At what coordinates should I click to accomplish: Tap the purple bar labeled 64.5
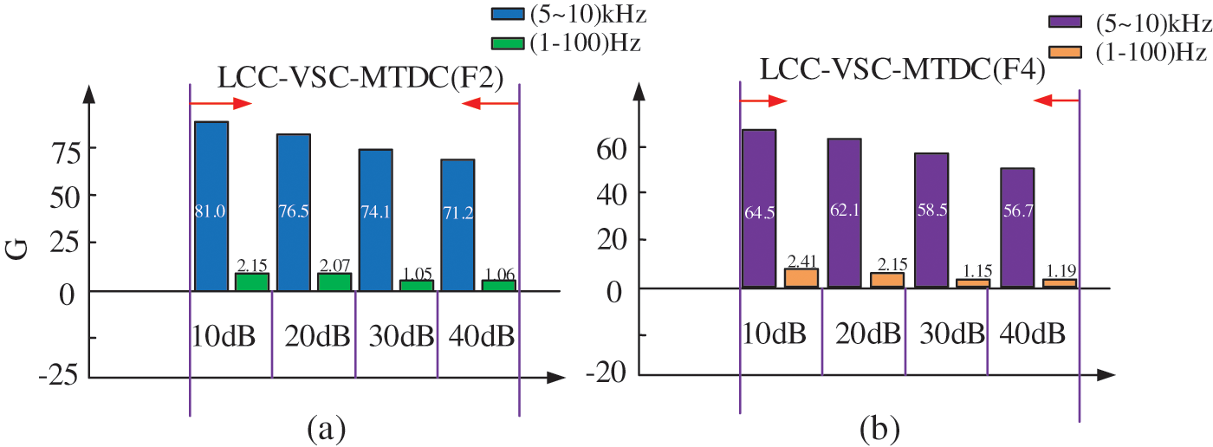(758, 208)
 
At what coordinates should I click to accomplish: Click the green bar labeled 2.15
(252, 282)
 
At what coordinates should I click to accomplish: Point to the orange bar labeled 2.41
(801, 278)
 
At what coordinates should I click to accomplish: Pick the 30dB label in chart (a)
(396, 335)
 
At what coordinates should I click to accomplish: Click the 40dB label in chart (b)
(1032, 334)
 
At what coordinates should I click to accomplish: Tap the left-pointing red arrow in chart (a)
(490, 103)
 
